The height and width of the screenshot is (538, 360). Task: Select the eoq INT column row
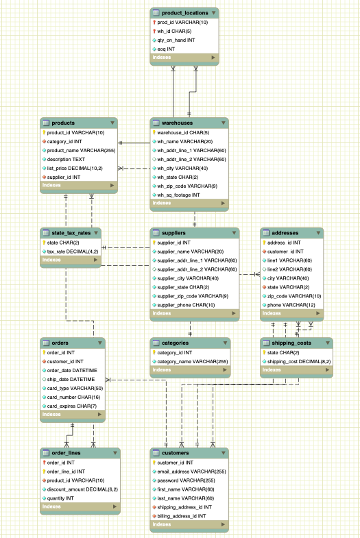pyautogui.click(x=166, y=49)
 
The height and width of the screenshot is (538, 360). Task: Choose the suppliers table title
pyautogui.click(x=172, y=233)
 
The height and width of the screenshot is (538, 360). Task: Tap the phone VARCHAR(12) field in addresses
pyautogui.click(x=291, y=304)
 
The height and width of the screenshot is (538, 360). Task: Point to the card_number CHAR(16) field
pyautogui.click(x=74, y=396)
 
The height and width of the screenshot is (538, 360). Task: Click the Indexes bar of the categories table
pyautogui.click(x=189, y=369)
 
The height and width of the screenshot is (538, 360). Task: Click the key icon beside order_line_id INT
pyautogui.click(x=45, y=471)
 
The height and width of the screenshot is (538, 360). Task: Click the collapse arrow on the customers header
pyautogui.click(x=223, y=452)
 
